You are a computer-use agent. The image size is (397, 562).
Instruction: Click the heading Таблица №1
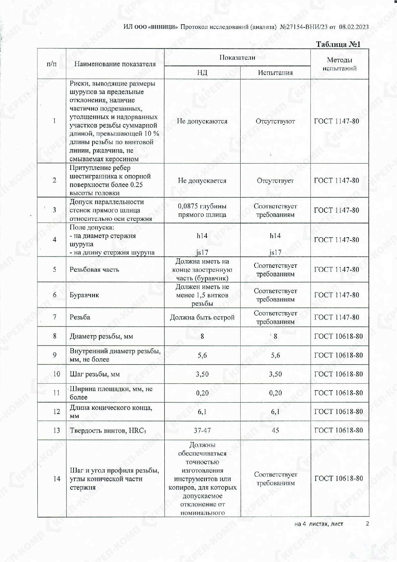(x=338, y=44)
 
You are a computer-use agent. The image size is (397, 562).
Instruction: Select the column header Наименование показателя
(x=115, y=64)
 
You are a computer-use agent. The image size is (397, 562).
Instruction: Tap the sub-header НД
(x=202, y=73)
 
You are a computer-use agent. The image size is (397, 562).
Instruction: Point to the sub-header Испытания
(x=275, y=73)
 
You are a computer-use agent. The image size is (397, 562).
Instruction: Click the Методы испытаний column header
(x=339, y=64)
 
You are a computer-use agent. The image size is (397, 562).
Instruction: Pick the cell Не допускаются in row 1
(x=202, y=121)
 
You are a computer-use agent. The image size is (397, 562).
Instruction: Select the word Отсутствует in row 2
(x=275, y=181)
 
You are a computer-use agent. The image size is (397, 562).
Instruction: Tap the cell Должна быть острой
(x=202, y=317)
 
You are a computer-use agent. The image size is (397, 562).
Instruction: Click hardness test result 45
(x=275, y=431)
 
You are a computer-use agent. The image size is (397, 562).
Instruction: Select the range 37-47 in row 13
(x=202, y=431)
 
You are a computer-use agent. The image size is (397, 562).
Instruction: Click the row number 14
(x=56, y=479)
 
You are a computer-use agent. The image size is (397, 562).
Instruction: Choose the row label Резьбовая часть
(x=94, y=270)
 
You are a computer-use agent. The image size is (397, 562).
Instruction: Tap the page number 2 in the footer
(x=367, y=523)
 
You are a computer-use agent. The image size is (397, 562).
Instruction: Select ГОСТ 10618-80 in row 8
(x=338, y=336)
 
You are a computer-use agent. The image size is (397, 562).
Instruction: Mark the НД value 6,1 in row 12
(x=202, y=412)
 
